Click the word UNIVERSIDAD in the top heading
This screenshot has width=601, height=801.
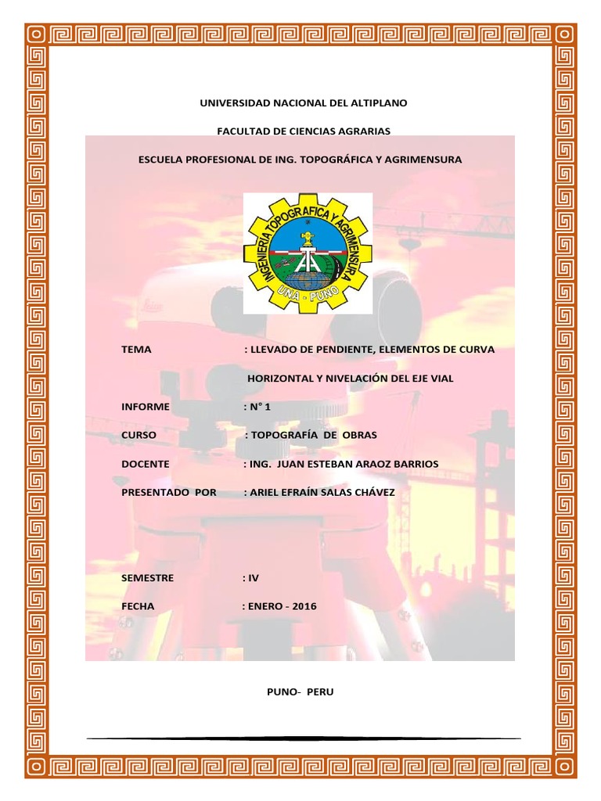point(233,103)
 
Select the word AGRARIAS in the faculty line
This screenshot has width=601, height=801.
point(366,131)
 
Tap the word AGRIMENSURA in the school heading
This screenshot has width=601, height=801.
point(423,159)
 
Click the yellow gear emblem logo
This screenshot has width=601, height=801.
point(308,253)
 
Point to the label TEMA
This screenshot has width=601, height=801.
point(136,350)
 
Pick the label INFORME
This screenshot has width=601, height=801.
point(146,407)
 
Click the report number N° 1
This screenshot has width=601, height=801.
point(265,407)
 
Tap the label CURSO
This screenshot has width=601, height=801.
point(139,435)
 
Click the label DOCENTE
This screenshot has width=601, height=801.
point(146,464)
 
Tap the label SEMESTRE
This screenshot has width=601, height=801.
point(148,578)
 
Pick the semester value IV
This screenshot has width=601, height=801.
point(253,578)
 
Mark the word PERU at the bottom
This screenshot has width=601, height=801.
point(320,692)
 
